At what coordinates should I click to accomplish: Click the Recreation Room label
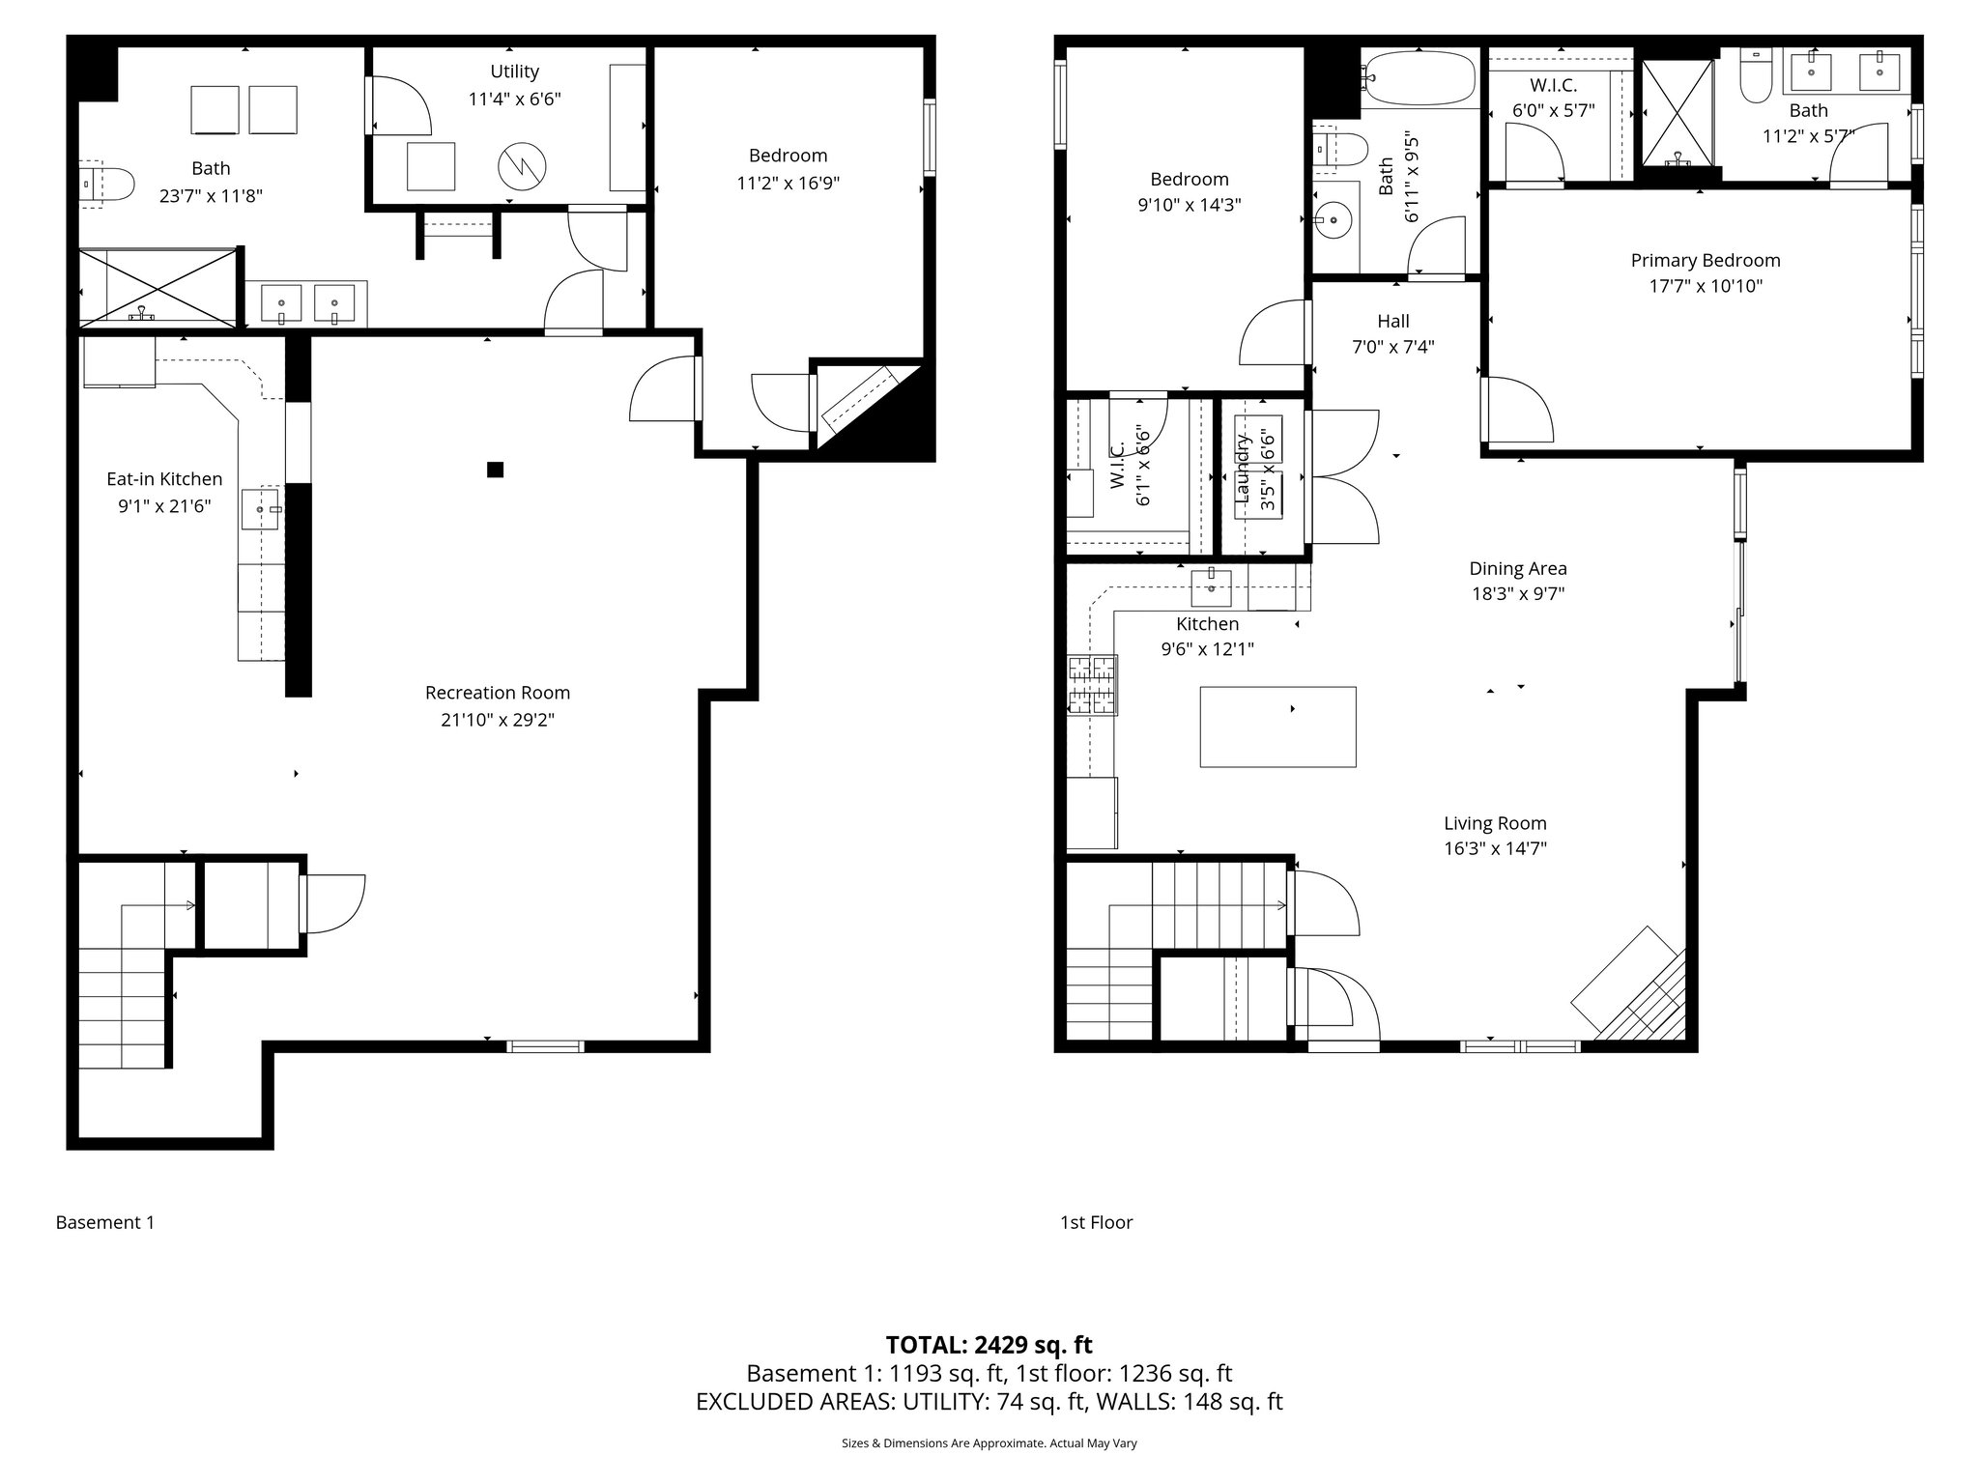point(498,693)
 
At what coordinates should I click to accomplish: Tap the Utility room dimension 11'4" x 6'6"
point(514,99)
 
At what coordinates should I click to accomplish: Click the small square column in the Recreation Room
point(495,470)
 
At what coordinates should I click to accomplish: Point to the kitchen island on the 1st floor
point(1277,727)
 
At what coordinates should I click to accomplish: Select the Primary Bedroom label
point(1706,260)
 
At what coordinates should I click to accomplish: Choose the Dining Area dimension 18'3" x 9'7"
point(1517,594)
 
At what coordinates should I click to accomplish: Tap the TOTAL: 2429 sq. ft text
point(989,1345)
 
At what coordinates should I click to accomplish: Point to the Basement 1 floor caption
point(105,1222)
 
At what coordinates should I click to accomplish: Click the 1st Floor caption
point(1096,1222)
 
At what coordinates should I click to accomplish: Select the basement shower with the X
point(158,286)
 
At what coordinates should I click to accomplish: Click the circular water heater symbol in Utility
point(522,167)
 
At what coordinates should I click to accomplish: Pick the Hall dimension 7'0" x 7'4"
point(1392,347)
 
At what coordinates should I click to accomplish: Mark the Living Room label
point(1495,823)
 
